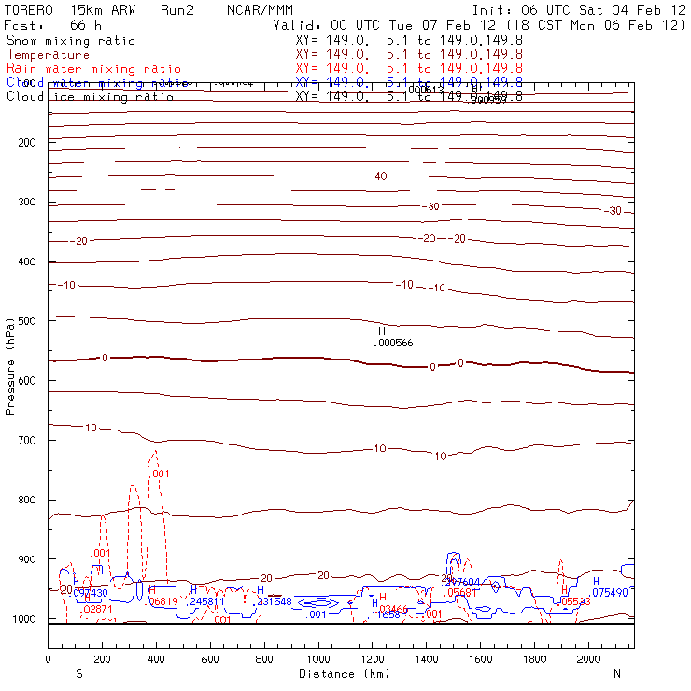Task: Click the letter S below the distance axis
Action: point(78,673)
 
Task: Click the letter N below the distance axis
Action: point(616,673)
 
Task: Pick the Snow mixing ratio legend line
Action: point(71,41)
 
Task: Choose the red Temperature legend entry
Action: point(48,55)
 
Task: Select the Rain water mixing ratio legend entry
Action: point(93,69)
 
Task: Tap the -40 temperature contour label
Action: point(378,176)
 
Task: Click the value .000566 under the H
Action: point(392,343)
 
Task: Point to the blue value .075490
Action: point(610,592)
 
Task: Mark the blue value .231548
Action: point(275,601)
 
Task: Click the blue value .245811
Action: point(206,601)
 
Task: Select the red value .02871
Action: point(98,609)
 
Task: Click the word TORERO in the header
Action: point(30,10)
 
